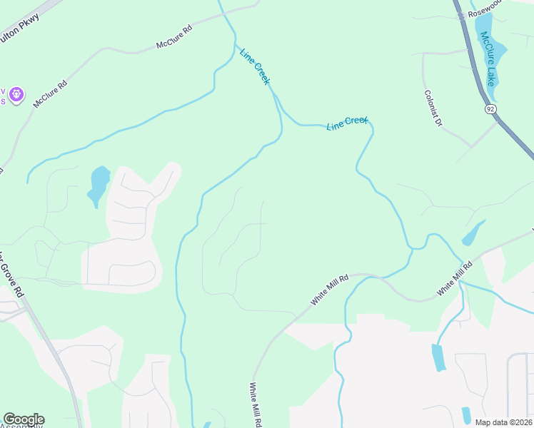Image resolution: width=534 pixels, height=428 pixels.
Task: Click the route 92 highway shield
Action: tap(490, 109)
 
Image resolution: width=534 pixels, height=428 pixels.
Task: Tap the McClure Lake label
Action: tap(487, 58)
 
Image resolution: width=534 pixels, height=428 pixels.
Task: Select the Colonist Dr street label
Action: tap(433, 108)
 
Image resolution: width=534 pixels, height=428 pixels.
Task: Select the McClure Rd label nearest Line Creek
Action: tap(175, 39)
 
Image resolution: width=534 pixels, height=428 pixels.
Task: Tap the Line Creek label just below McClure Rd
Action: tap(255, 66)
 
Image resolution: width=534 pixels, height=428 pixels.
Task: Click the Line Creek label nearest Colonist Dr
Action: tap(347, 123)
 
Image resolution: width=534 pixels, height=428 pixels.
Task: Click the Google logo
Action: tap(23, 419)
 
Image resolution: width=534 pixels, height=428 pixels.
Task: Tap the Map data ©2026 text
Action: tap(503, 422)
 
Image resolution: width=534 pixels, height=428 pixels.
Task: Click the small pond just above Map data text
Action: tap(466, 414)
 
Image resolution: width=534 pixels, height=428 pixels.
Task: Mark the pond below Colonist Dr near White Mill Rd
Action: tap(473, 233)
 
